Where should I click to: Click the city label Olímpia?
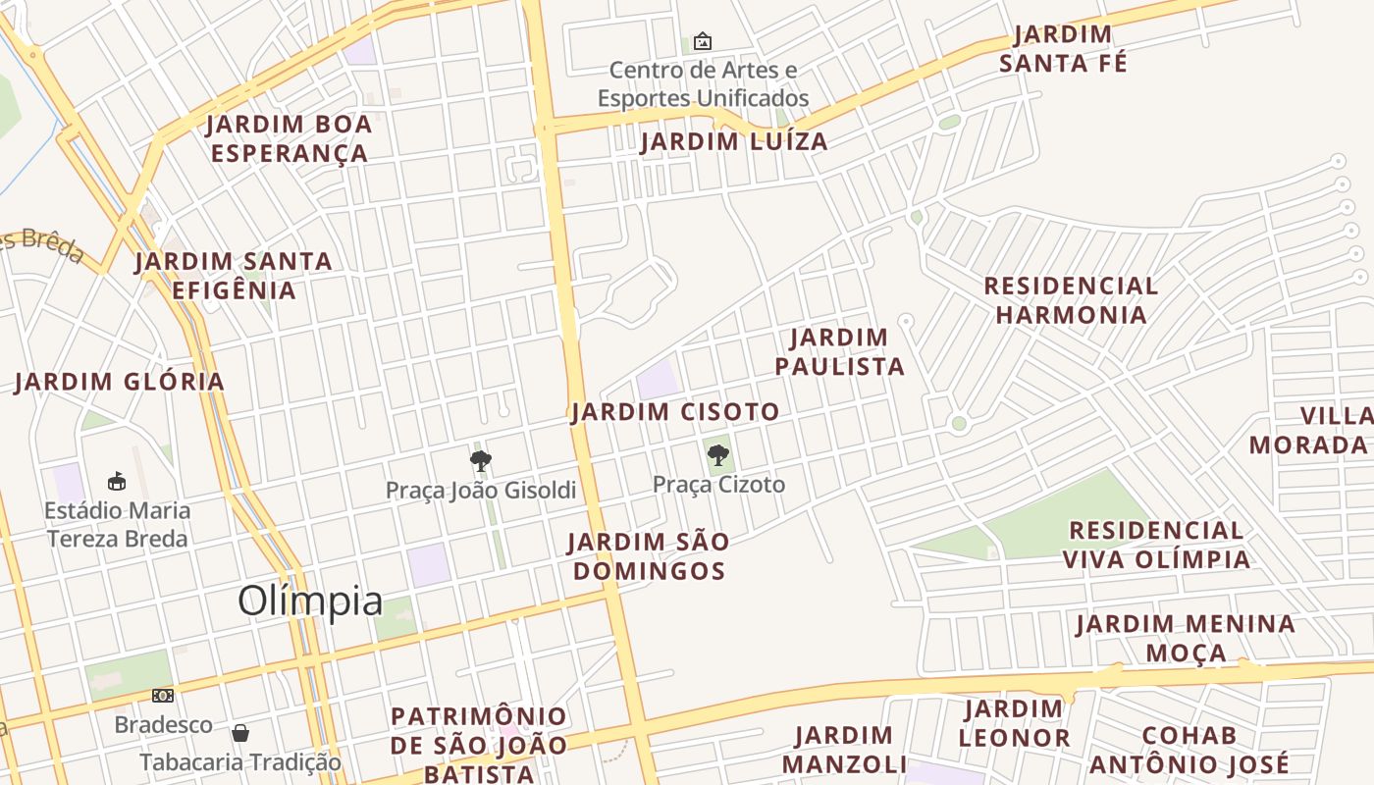coord(310,601)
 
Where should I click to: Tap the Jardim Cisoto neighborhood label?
coord(675,412)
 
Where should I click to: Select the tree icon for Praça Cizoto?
coord(718,455)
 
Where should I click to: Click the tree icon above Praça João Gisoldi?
coord(480,460)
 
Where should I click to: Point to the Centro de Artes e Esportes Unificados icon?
coord(703,41)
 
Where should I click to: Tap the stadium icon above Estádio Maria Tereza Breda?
coord(117,481)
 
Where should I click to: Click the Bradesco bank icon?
coord(163,696)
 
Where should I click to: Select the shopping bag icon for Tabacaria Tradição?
coord(240,733)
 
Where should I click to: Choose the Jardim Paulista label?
coord(839,352)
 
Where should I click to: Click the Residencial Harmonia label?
coord(1071,300)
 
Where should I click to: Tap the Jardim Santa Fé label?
coord(1063,49)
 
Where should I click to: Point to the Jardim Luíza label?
coord(734,141)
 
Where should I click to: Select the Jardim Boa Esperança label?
coord(290,138)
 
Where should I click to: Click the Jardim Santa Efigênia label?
coord(234,276)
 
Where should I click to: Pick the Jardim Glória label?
coord(120,382)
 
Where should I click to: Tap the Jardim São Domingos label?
coord(649,556)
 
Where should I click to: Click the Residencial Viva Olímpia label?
coord(1156,545)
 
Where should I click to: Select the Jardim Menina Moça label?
coord(1186,638)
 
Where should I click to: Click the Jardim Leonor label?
coord(1014,723)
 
